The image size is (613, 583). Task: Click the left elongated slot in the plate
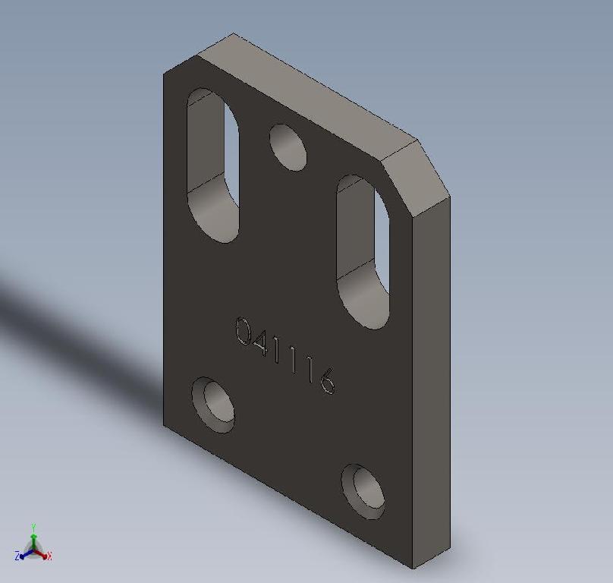[x=212, y=165]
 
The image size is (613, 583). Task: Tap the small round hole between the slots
[x=287, y=147]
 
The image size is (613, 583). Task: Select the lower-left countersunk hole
[x=213, y=404]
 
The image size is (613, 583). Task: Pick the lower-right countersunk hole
[x=363, y=490]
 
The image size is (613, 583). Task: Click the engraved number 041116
[x=284, y=355]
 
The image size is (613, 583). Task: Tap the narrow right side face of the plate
[x=430, y=380]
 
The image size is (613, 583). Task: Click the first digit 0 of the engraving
[x=244, y=331]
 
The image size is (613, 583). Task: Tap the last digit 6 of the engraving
[x=327, y=380]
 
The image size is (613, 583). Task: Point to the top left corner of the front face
[x=164, y=72]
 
